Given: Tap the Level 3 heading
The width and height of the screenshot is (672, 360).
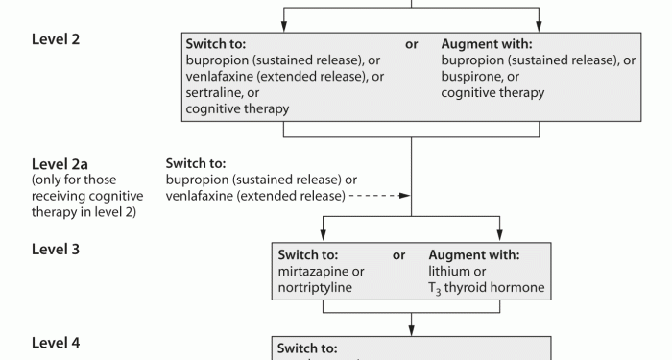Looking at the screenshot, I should [56, 249].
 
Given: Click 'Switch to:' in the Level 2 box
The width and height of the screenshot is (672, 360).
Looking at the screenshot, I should [216, 44].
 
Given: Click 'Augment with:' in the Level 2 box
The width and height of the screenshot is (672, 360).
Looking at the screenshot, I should [487, 44].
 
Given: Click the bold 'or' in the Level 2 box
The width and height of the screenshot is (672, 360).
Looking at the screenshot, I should [412, 44].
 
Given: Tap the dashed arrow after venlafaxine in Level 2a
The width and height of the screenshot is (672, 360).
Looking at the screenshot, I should [380, 197].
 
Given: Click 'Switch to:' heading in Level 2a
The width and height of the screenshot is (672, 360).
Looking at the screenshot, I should [196, 163].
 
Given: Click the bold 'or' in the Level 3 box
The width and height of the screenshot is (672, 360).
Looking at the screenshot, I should [399, 255].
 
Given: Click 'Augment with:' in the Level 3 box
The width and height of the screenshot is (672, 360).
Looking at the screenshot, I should [474, 255].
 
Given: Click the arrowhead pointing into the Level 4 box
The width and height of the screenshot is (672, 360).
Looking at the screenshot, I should [411, 330].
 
